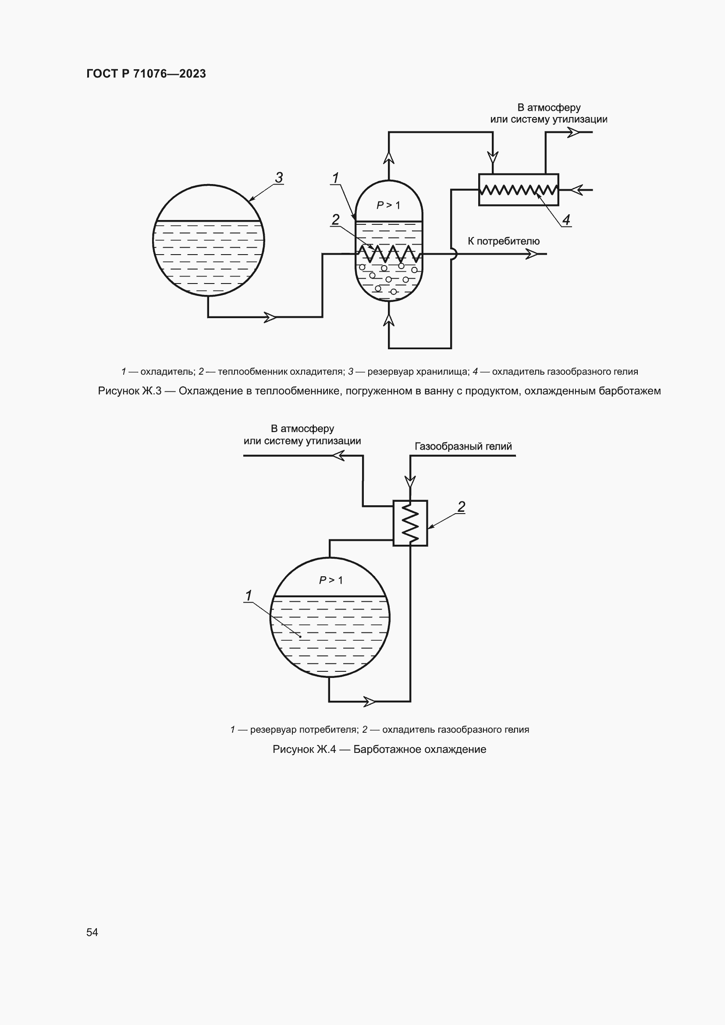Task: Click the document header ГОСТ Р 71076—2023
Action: (146, 74)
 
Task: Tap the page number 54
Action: (92, 932)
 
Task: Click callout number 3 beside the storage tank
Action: (279, 177)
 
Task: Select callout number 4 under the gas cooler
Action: (566, 220)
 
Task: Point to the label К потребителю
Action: (504, 241)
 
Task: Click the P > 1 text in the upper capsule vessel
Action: (388, 205)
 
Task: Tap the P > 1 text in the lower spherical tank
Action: (331, 580)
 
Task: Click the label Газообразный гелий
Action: (463, 446)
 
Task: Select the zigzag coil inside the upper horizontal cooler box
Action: (518, 190)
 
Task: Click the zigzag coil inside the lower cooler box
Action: (410, 523)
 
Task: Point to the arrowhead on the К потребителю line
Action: (532, 254)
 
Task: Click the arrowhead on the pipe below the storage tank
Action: (270, 317)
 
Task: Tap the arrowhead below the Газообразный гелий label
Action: (410, 482)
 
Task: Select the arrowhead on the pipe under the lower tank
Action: (370, 701)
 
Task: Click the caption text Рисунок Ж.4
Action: (304, 749)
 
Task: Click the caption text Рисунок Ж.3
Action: (129, 391)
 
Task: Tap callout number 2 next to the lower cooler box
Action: (461, 507)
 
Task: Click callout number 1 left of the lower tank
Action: (249, 596)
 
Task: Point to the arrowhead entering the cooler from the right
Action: (577, 190)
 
